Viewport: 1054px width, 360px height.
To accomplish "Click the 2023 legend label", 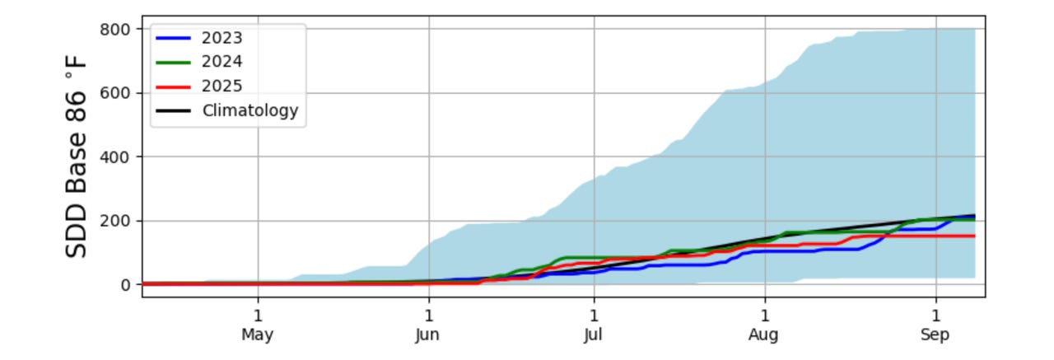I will tap(222, 38).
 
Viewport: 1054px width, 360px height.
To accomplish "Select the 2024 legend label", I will tap(222, 62).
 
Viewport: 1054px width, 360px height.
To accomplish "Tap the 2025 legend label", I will tap(222, 86).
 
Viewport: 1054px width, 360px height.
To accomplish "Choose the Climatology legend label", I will tap(250, 110).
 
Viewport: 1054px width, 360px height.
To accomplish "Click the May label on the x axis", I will tap(258, 335).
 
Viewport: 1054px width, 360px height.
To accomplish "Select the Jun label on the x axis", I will tap(428, 335).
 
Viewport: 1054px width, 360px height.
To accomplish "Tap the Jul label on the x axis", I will tap(593, 335).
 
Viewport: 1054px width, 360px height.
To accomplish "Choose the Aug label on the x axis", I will tap(764, 335).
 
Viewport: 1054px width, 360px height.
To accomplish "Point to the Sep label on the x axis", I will tap(935, 335).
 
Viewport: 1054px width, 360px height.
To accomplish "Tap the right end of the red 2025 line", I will tap(974, 236).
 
